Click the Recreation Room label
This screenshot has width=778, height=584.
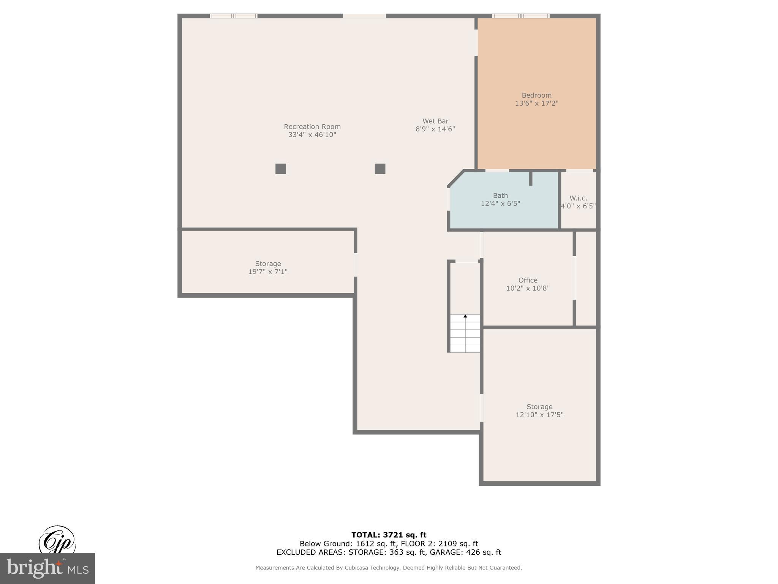[312, 127]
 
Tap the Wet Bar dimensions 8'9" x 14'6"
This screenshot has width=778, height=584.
[435, 129]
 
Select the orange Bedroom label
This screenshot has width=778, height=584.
[536, 95]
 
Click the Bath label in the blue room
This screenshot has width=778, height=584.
[500, 196]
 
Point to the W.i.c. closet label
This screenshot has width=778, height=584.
[578, 198]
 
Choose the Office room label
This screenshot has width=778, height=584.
[528, 280]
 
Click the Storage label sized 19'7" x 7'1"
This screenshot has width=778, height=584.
[268, 264]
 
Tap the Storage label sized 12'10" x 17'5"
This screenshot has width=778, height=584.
[539, 407]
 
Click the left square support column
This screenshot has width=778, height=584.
[281, 169]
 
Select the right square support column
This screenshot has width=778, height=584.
[380, 169]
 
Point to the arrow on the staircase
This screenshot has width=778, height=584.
[465, 316]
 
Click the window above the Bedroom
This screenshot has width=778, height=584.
[521, 16]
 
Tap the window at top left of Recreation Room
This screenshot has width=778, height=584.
[234, 16]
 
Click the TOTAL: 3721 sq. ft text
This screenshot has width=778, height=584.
[389, 535]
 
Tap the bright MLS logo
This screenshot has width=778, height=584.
[47, 568]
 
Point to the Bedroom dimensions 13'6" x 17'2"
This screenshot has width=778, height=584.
[536, 103]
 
